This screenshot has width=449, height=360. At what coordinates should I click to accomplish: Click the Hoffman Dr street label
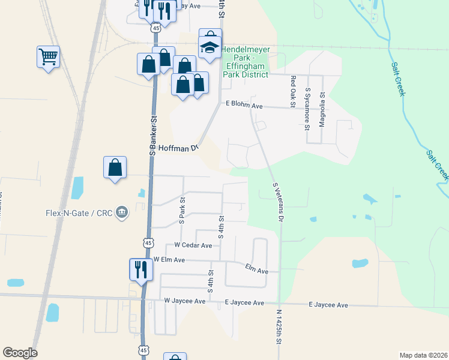(178, 148)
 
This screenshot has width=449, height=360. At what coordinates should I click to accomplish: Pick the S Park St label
(182, 210)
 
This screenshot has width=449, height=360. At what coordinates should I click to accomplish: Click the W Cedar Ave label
(193, 245)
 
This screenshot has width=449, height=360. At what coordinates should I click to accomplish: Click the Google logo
(20, 353)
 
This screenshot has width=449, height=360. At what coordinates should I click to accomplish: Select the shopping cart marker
(49, 58)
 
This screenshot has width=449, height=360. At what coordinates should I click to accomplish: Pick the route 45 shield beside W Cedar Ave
(148, 242)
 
